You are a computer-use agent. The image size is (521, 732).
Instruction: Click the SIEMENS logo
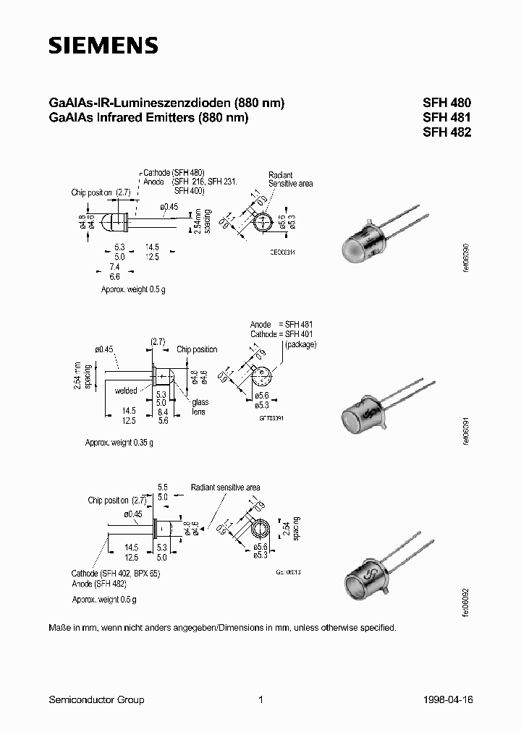tap(103, 46)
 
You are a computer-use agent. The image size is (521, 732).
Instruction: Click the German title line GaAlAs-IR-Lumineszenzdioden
tap(166, 103)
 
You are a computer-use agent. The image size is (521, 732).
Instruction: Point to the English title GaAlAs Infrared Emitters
tap(148, 117)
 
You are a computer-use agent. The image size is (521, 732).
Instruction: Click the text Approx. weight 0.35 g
tap(119, 442)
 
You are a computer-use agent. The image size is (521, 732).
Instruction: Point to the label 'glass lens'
tap(198, 407)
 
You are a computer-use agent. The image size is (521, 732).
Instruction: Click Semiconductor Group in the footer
tap(96, 699)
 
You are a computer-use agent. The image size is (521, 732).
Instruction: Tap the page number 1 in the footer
tap(260, 699)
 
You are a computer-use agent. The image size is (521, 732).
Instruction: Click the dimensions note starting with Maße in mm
tap(222, 628)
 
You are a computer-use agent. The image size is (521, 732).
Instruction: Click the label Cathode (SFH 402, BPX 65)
tap(115, 573)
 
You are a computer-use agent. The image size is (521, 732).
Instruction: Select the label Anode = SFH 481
tap(281, 325)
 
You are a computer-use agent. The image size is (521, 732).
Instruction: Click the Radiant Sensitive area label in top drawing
tap(290, 179)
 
